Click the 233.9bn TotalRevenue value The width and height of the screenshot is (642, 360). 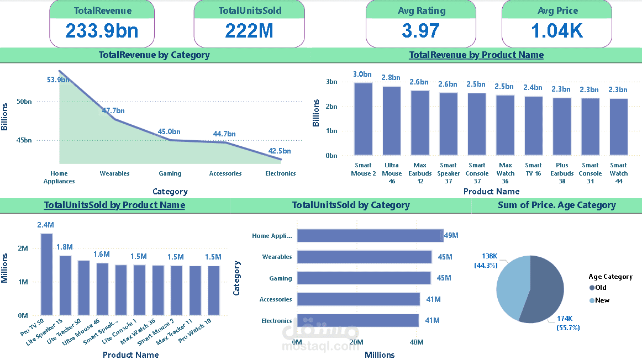pos(102,31)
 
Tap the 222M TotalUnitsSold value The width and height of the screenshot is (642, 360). pos(249,31)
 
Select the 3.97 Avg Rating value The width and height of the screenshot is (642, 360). pos(421,31)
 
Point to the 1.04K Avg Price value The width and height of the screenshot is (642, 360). pos(557,31)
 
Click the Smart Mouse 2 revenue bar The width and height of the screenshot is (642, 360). pos(363,119)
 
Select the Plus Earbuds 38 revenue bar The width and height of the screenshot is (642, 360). pos(562,126)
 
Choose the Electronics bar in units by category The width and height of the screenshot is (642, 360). pos(357,321)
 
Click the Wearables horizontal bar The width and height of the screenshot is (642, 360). pos(364,257)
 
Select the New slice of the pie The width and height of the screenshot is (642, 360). pos(511,284)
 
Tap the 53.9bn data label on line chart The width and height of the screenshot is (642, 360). pos(58,80)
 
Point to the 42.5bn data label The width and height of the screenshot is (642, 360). pos(280,151)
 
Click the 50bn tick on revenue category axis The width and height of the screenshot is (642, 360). pos(25,102)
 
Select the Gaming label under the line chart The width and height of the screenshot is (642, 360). pos(170,173)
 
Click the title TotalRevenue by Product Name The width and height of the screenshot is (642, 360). pos(476,55)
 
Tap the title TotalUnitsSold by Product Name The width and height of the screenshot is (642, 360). pos(114,205)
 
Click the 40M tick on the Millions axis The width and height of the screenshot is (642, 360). pos(416,343)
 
